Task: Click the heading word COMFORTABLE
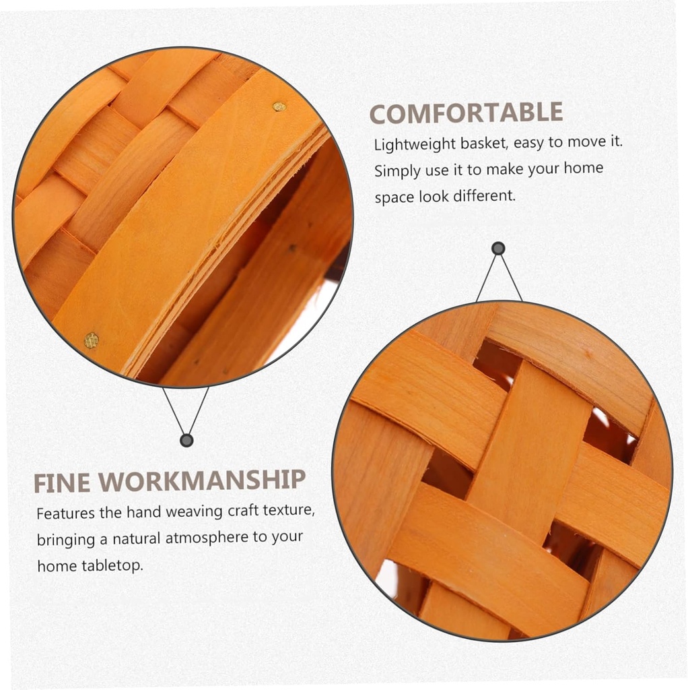pyautogui.click(x=466, y=113)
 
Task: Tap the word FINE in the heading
pyautogui.click(x=61, y=483)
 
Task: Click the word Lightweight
pyautogui.click(x=415, y=144)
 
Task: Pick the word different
pyautogui.click(x=484, y=195)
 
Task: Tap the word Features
pyautogui.click(x=65, y=513)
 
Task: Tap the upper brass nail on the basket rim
pyautogui.click(x=279, y=106)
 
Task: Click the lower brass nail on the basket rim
pyautogui.click(x=91, y=340)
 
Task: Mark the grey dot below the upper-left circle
pyautogui.click(x=187, y=440)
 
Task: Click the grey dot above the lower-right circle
pyautogui.click(x=498, y=249)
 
